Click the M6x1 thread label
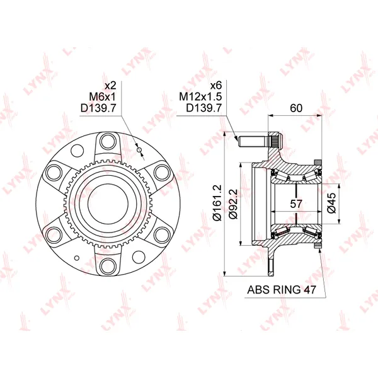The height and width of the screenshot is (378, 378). point(103,97)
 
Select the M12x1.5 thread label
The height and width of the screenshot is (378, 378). point(200,97)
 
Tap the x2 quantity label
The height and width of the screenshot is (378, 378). point(110,85)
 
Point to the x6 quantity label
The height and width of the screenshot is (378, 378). point(216,85)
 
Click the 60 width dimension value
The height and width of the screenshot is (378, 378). point(296,108)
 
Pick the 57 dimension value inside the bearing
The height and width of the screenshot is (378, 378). point(296,204)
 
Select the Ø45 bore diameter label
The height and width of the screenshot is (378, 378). point(332,203)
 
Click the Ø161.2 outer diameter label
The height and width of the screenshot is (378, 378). point(217,203)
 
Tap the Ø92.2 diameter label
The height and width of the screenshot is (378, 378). point(233,203)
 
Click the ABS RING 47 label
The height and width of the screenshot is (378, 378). point(282,290)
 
